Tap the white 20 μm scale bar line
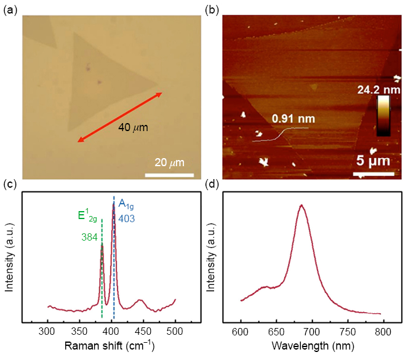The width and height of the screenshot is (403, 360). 169,174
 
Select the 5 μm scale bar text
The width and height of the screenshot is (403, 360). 374,161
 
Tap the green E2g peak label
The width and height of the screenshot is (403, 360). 87,215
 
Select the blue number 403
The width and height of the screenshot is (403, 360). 127,218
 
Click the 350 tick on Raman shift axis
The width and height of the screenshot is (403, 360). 79,331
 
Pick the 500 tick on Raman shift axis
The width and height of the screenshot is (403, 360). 175,331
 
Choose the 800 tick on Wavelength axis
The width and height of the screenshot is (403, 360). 383,331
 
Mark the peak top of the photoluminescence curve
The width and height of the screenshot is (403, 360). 301,206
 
